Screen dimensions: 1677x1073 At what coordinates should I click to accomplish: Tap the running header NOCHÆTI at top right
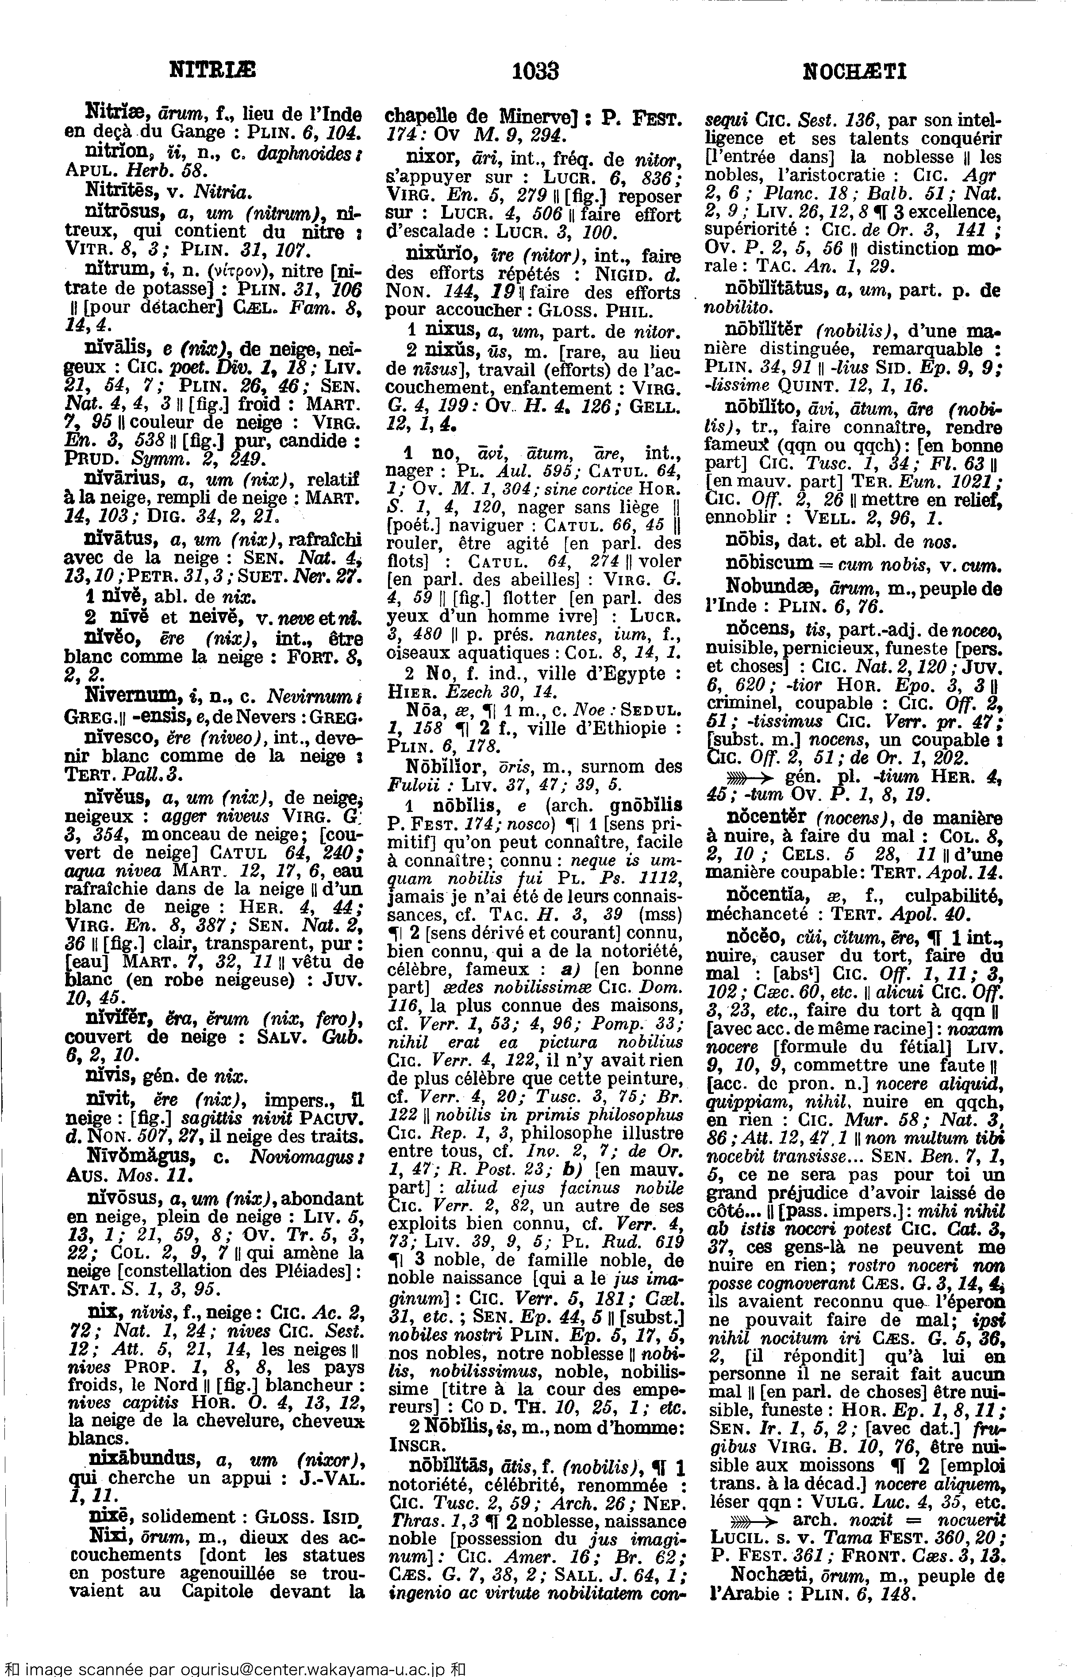point(855,71)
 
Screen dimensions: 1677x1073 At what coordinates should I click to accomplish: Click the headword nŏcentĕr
point(766,817)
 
